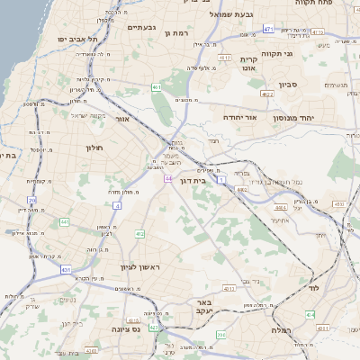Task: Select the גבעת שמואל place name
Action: (235, 13)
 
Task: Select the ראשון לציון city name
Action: (139, 267)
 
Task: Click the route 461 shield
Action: (157, 87)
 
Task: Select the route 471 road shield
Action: (268, 29)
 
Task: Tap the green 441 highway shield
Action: (65, 220)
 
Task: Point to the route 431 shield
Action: (67, 268)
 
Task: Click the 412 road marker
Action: (139, 234)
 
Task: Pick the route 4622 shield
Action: (266, 94)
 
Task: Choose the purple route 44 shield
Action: (168, 179)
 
